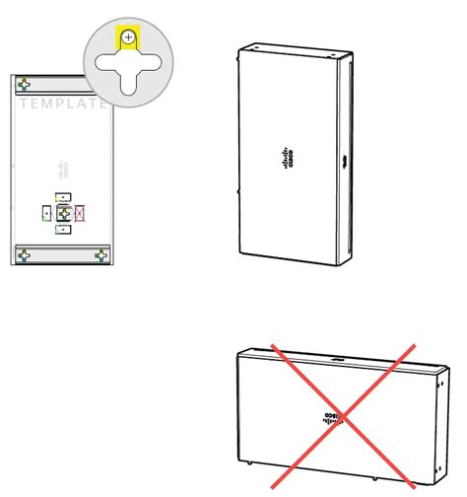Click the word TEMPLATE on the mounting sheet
point(61,103)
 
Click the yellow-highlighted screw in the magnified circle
point(128,37)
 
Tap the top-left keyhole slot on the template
point(24,85)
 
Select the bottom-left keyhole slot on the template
point(24,254)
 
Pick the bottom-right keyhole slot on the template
point(100,254)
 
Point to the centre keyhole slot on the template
point(63,212)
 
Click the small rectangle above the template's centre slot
point(62,196)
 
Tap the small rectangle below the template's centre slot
point(62,229)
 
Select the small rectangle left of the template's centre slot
point(46,212)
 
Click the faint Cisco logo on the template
point(64,165)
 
